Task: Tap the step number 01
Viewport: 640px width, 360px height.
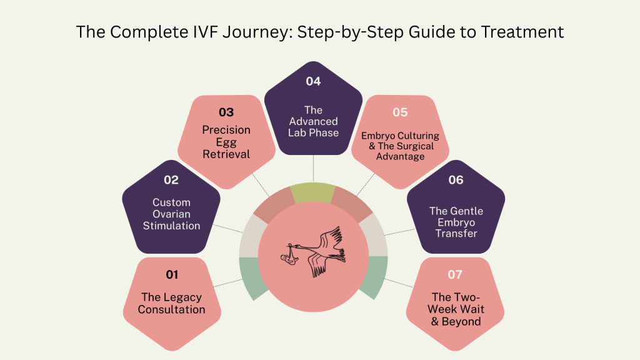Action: point(172,274)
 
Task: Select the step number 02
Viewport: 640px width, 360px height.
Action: point(171,180)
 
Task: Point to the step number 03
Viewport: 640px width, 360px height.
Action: point(226,112)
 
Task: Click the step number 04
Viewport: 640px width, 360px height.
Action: point(313,81)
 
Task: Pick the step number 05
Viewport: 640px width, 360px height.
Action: point(400,112)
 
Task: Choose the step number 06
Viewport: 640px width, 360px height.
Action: point(456,180)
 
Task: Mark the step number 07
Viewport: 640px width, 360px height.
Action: point(456,274)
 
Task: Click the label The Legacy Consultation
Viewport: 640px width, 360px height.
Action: point(172,303)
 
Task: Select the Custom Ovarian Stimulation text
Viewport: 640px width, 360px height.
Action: point(171,214)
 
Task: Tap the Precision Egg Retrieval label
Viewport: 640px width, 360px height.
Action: point(226,142)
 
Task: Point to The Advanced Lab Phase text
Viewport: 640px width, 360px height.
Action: point(313,121)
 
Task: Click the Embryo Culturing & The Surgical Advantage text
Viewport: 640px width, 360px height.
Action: point(400,146)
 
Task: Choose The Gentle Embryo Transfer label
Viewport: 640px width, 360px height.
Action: point(456,222)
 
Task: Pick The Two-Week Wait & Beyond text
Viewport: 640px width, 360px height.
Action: point(456,309)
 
